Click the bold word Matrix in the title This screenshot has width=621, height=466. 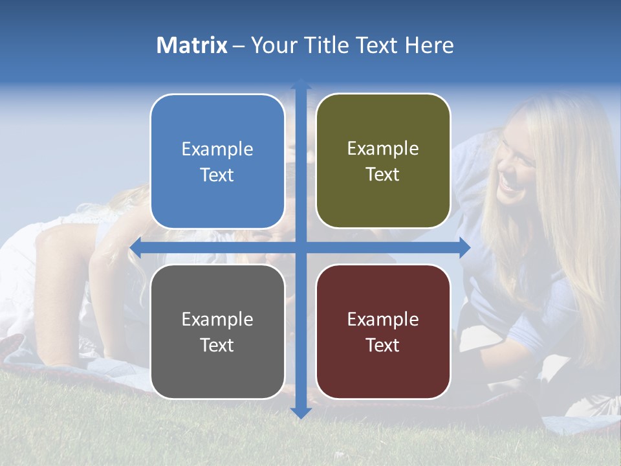point(191,45)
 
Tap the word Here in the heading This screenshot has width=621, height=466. point(429,45)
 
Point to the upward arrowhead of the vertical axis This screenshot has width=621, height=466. point(300,84)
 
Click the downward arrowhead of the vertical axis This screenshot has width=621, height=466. point(300,412)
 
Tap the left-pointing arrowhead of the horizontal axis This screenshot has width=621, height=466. point(136,247)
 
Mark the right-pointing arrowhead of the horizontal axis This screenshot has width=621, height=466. point(464,247)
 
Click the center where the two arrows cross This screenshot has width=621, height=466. point(300,247)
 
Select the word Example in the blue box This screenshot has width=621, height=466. point(217,150)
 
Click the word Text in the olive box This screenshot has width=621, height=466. point(383,174)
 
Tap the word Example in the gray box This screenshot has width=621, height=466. point(217,319)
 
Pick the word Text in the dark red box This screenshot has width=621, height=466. point(383,345)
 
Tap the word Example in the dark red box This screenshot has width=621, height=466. point(383,319)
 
